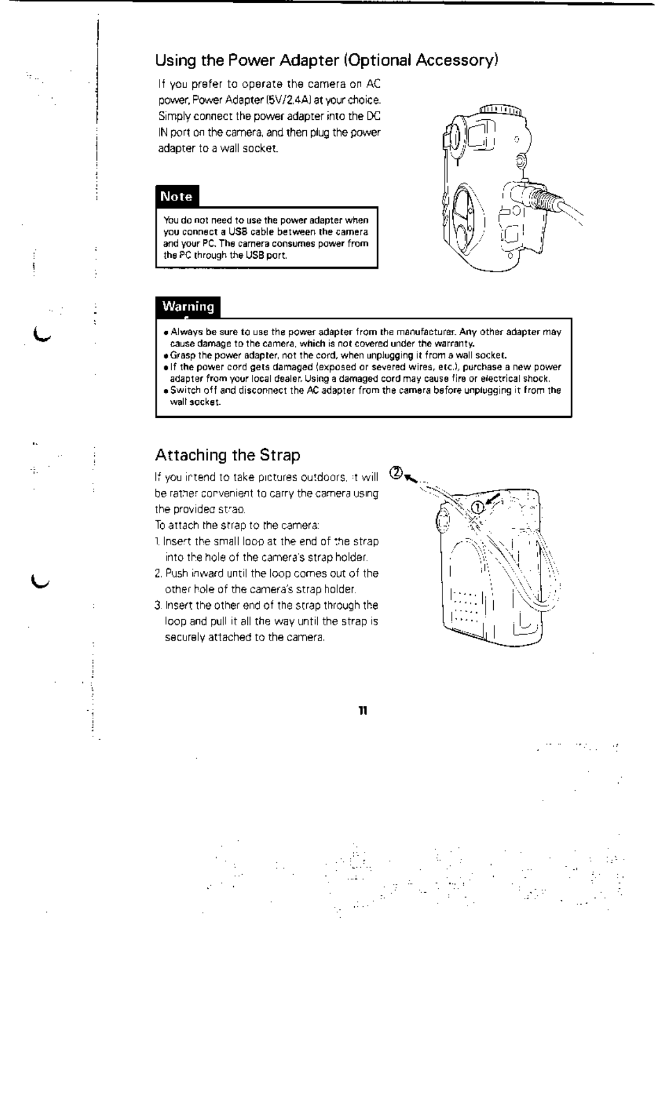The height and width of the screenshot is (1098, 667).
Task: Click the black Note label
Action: click(177, 197)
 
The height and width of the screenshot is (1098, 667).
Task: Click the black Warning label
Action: click(188, 307)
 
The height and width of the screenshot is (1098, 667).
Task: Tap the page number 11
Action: click(362, 711)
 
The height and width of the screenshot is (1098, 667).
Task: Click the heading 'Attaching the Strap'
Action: click(227, 455)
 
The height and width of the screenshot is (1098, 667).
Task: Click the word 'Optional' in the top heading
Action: click(378, 59)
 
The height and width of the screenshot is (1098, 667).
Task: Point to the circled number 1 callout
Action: click(477, 507)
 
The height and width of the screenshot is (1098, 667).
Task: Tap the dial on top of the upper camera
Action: click(500, 111)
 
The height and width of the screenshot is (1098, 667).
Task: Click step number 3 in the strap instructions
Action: click(157, 606)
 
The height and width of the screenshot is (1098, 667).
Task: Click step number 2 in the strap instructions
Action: click(157, 574)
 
